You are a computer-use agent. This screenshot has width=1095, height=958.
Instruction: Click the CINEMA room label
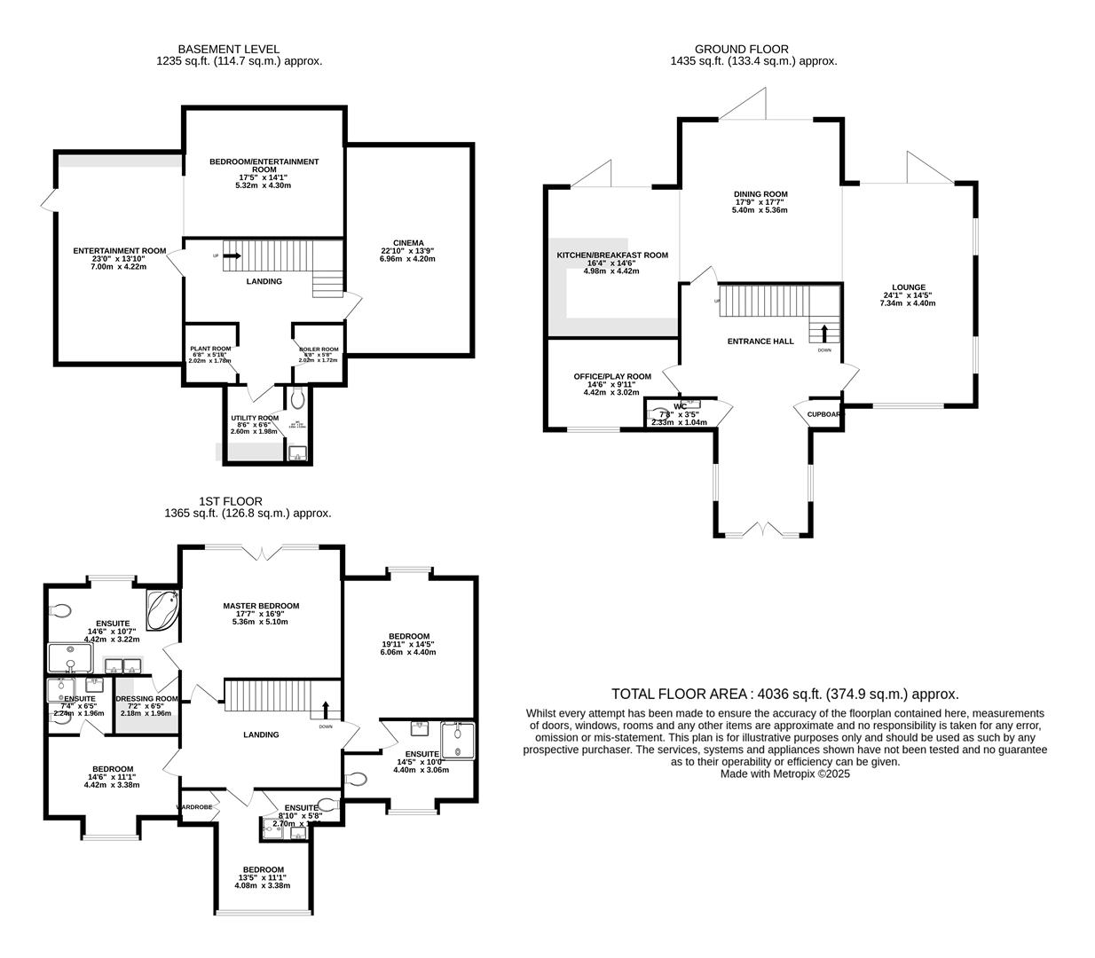pos(408,243)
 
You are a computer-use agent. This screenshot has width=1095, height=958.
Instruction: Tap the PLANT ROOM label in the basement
pos(209,349)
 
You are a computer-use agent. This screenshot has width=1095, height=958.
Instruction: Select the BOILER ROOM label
pos(319,349)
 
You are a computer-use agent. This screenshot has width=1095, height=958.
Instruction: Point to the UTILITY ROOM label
pos(255,418)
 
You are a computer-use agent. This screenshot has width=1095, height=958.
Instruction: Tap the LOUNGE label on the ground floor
pos(909,287)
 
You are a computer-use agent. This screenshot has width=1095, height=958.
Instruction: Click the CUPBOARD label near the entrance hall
pos(824,414)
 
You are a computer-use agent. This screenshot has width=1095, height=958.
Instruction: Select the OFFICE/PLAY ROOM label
pos(611,376)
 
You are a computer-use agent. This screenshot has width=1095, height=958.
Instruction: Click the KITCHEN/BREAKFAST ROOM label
pos(611,255)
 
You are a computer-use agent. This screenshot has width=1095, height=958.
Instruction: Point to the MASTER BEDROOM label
pos(261,606)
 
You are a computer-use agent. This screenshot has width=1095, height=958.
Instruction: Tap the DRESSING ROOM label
pos(146,699)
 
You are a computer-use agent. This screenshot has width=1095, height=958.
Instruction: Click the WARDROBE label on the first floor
pos(194,807)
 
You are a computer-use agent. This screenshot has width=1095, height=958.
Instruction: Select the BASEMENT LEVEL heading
pos(228,49)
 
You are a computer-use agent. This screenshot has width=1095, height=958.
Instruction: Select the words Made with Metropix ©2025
pos(784,773)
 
